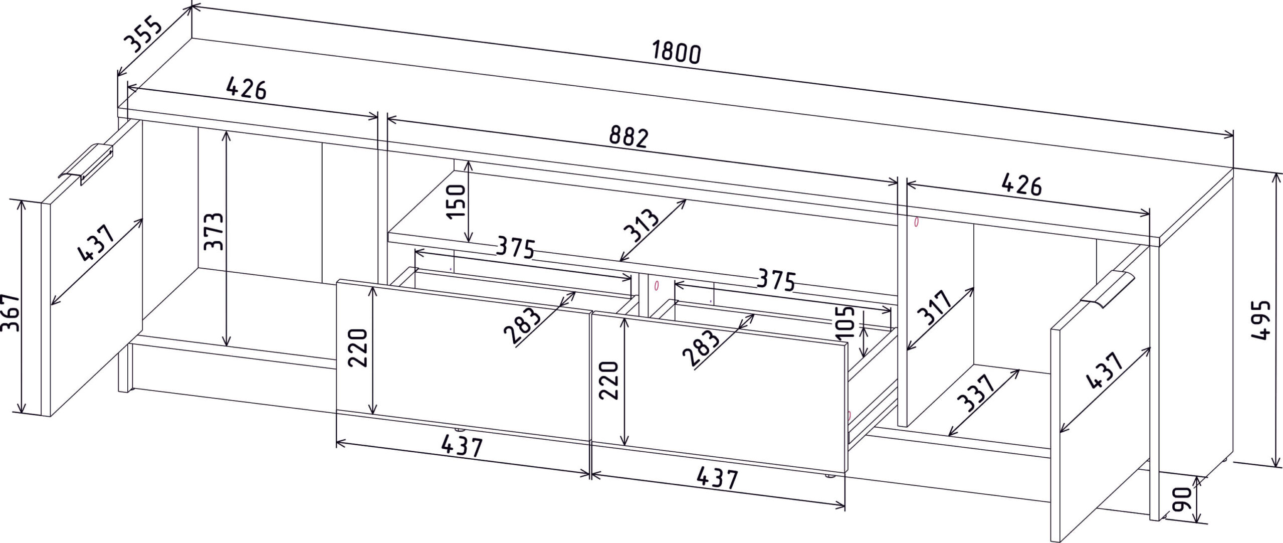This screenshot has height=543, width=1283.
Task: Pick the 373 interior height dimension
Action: (x=215, y=231)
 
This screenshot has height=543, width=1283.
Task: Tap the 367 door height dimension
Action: (x=12, y=312)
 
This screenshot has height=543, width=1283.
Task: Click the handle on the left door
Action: (x=87, y=164)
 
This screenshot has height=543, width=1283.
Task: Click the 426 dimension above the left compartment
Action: (x=246, y=89)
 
